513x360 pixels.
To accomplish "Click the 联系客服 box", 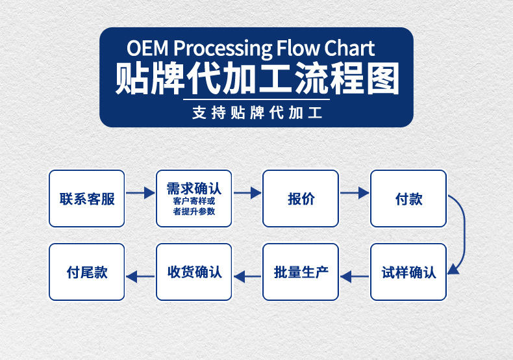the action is click(87, 198).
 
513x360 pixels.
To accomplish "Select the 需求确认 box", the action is click(194, 198).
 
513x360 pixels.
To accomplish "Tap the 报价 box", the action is click(301, 198).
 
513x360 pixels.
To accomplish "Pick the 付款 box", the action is click(408, 198).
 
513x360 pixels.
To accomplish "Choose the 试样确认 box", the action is click(408, 272).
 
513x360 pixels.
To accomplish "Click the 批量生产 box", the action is click(301, 272).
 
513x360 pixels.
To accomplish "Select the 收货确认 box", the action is click(194, 272).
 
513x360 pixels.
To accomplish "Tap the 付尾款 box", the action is click(87, 272).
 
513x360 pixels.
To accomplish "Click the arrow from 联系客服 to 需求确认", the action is click(140, 193).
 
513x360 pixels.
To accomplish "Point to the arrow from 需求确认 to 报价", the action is click(247, 193).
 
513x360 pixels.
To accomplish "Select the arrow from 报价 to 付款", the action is click(355, 193).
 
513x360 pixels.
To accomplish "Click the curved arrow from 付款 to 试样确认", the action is click(464, 229).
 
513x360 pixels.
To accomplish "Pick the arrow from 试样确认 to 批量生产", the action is click(355, 277).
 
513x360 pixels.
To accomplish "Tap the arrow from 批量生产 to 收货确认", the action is click(247, 277).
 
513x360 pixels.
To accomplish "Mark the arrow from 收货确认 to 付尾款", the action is click(140, 277).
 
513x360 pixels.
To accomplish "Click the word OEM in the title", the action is click(147, 48).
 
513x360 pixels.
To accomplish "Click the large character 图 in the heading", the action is click(382, 79).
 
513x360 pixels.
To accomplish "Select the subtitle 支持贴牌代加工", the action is click(257, 113).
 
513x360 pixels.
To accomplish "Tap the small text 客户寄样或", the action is click(194, 201).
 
